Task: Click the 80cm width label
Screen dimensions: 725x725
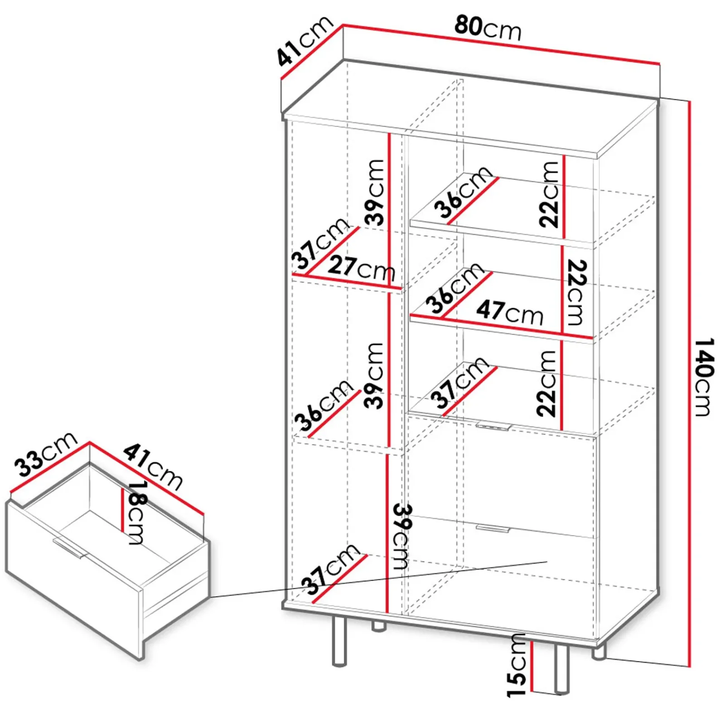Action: pyautogui.click(x=488, y=28)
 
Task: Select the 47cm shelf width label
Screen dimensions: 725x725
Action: pyautogui.click(x=510, y=312)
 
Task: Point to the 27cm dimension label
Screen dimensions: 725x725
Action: pyautogui.click(x=362, y=268)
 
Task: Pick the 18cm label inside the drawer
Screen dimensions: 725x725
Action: pyautogui.click(x=136, y=512)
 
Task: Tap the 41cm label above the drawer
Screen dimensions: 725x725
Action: pyautogui.click(x=153, y=466)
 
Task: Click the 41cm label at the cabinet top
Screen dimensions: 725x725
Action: pyautogui.click(x=304, y=41)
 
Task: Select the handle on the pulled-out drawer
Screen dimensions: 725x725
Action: pyautogui.click(x=69, y=548)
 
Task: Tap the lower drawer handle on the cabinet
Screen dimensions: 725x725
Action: pyautogui.click(x=493, y=528)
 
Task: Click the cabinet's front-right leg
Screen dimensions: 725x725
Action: pyautogui.click(x=561, y=669)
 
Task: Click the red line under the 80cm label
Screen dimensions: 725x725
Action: pyautogui.click(x=501, y=44)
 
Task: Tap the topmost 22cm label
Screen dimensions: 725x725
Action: pyautogui.click(x=549, y=194)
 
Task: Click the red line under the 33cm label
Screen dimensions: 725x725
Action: pyautogui.click(x=49, y=467)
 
